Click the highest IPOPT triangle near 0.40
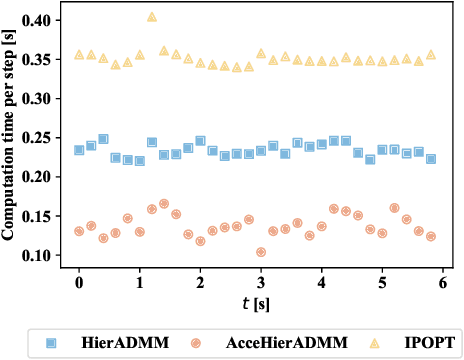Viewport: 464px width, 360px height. tap(152, 17)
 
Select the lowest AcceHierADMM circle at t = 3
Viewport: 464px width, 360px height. tap(261, 252)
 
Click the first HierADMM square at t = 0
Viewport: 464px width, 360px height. tap(79, 150)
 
